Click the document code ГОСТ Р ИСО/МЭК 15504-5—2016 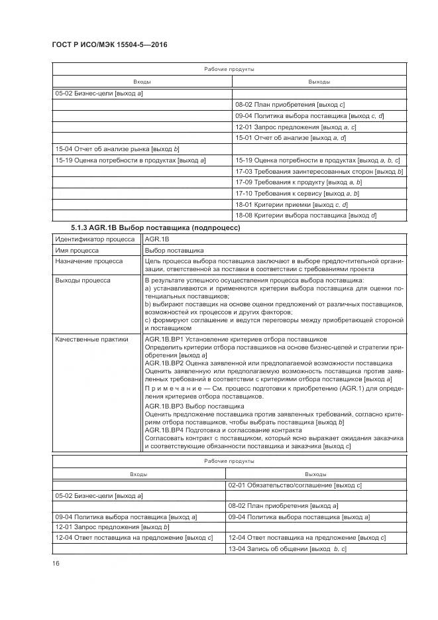click(x=99, y=45)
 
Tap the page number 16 click(x=56, y=563)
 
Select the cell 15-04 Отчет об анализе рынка click(x=117, y=149)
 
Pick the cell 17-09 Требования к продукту click(x=298, y=182)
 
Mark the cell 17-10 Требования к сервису click(x=297, y=193)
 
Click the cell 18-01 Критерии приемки click(x=290, y=204)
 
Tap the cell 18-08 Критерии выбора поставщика click(x=305, y=215)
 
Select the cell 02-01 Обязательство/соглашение click(x=294, y=485)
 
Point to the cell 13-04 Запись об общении click(x=287, y=549)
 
